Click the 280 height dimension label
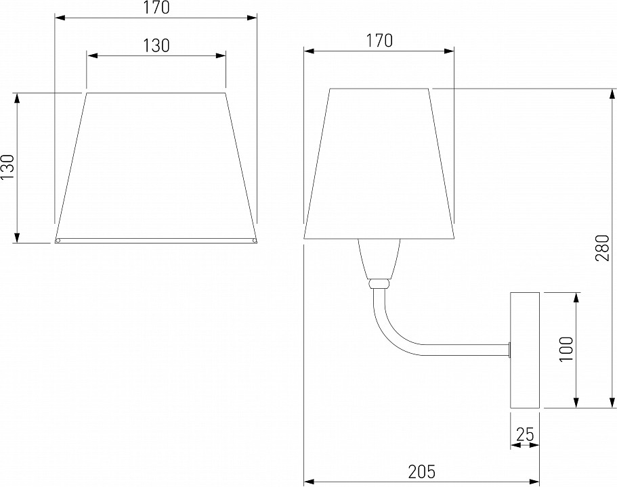click(x=603, y=248)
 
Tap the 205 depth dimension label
click(x=421, y=471)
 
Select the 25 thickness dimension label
click(x=525, y=434)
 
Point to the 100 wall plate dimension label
click(x=567, y=350)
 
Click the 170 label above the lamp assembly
click(x=379, y=41)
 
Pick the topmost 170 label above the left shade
click(x=156, y=7)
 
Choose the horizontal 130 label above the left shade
click(x=156, y=45)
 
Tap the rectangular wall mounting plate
click(x=524, y=350)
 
